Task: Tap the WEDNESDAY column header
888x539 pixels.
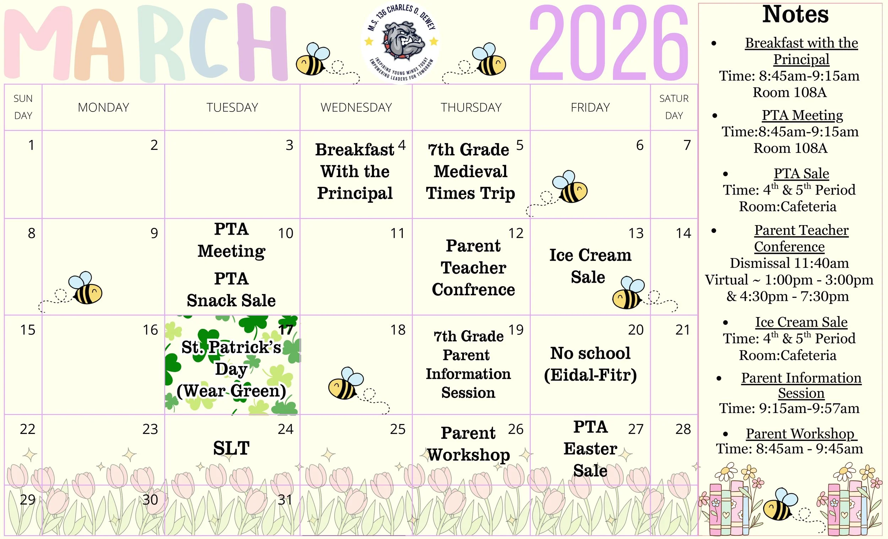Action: click(356, 107)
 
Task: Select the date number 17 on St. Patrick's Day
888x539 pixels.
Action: click(286, 330)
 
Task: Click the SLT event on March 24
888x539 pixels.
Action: click(231, 448)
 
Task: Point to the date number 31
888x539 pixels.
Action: click(285, 500)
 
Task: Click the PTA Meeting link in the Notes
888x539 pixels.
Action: click(802, 115)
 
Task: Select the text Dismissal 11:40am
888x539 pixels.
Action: click(789, 263)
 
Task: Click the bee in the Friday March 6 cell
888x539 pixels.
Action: click(570, 187)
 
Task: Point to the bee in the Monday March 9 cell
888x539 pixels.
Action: click(86, 288)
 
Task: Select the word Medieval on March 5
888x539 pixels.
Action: click(470, 171)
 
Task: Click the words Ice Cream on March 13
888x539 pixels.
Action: click(590, 255)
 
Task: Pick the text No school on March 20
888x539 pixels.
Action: click(590, 353)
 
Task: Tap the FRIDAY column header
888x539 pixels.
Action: click(590, 107)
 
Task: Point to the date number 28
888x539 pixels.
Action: click(683, 429)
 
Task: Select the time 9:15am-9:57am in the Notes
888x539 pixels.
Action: click(809, 408)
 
